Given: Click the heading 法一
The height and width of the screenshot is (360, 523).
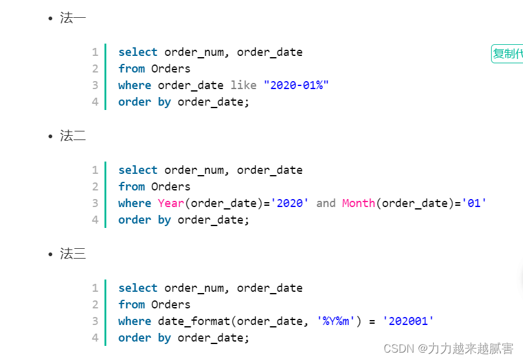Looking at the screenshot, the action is (x=73, y=18).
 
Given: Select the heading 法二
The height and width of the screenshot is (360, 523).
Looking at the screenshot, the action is (x=73, y=136).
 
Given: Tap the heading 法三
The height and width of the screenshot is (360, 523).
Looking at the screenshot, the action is (x=73, y=254).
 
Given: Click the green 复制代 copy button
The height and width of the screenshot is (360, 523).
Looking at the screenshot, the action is (x=508, y=53).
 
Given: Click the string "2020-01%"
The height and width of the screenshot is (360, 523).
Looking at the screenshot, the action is (x=296, y=85).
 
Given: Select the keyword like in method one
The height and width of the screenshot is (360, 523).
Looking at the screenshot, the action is (x=243, y=85).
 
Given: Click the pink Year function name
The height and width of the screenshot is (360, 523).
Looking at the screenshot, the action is (x=171, y=203).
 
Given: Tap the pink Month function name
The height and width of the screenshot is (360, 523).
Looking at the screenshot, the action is (x=358, y=203).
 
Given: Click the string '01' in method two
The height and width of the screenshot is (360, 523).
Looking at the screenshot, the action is (x=474, y=203).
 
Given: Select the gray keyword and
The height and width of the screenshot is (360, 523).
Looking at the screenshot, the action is (x=326, y=203).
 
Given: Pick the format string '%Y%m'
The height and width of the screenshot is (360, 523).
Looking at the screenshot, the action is (x=336, y=321).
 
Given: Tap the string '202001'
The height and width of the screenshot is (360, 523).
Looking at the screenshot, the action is (x=408, y=321).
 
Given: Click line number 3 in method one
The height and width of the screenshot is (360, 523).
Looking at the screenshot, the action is (x=95, y=85).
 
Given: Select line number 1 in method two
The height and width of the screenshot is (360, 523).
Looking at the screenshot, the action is (x=95, y=170).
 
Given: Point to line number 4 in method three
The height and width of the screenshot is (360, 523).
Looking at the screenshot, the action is (x=95, y=338).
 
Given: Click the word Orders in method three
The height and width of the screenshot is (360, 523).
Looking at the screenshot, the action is (x=171, y=305).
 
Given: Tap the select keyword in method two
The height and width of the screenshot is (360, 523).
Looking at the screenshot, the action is (x=138, y=170).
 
